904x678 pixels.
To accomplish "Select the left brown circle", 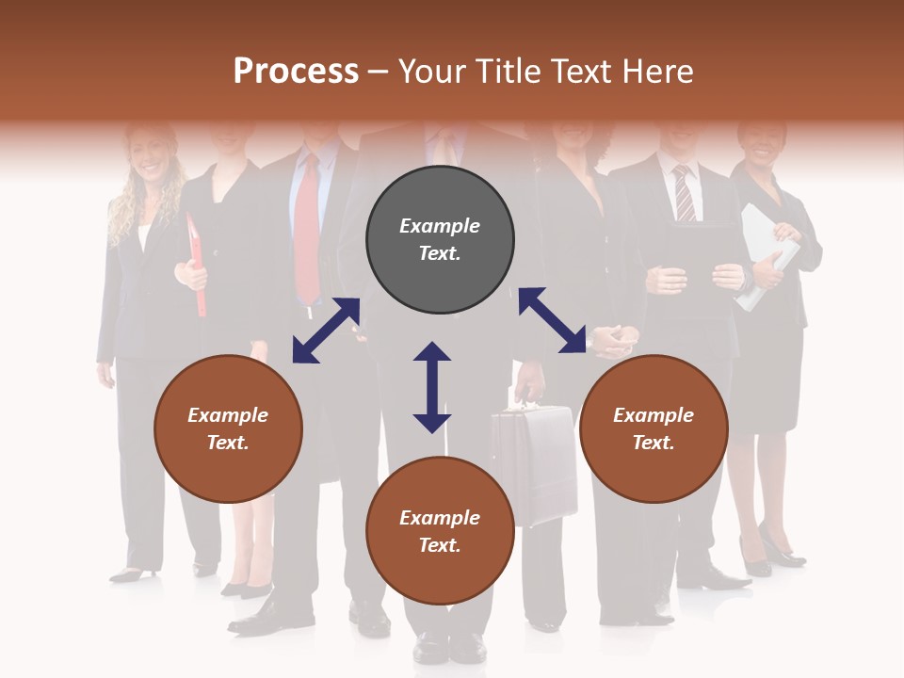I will click(x=228, y=428).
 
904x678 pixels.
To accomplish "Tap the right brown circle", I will click(x=654, y=428).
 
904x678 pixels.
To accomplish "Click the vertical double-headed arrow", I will click(x=432, y=387).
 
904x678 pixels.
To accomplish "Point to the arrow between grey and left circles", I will click(x=326, y=331).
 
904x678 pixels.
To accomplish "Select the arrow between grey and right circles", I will click(x=552, y=320).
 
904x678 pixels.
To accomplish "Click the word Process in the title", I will click(x=296, y=71).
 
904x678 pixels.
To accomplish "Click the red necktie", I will click(x=307, y=235).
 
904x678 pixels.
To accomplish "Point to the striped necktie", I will click(x=684, y=193).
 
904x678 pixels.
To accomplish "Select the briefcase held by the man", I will click(x=535, y=461).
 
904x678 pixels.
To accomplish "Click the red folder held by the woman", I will click(x=197, y=268).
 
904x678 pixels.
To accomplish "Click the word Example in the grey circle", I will click(x=440, y=226).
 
